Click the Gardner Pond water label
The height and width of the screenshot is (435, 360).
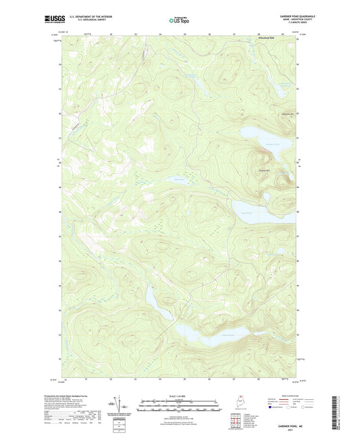271,145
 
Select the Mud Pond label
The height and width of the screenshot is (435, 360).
179,179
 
